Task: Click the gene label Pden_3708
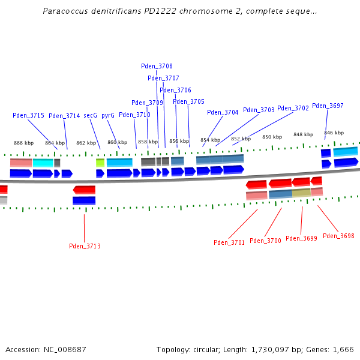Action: pos(157,66)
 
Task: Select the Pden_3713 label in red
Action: pos(85,246)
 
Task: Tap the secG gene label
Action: pos(90,115)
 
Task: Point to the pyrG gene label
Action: pos(108,115)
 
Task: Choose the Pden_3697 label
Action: pos(328,106)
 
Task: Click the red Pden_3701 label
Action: pos(229,242)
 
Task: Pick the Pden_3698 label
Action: pos(338,236)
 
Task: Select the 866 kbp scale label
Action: pos(23,143)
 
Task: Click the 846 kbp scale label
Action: pos(334,133)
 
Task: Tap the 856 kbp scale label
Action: pos(179,142)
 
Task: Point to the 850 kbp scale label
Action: pos(272,137)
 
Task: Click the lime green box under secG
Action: pos(100,163)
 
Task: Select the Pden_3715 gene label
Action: pos(28,115)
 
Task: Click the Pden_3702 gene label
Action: pos(293,108)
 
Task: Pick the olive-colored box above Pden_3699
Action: pos(301,193)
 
